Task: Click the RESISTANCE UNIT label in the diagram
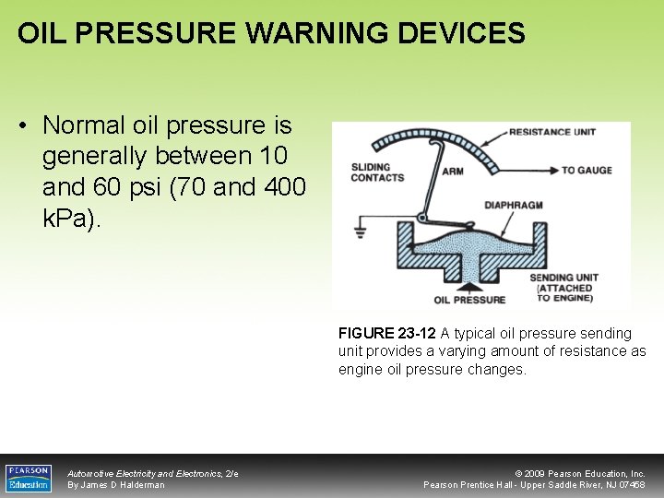click(x=552, y=132)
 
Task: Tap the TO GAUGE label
click(x=587, y=171)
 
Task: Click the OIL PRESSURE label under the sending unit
click(x=469, y=300)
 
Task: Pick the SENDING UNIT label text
click(x=563, y=278)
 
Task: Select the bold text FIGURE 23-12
click(x=387, y=333)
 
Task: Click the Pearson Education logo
click(x=29, y=477)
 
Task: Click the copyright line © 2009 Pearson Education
click(x=585, y=473)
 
